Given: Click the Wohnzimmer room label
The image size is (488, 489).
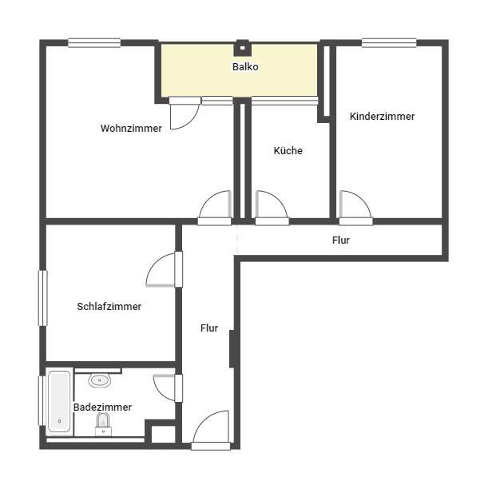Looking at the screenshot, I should [x=131, y=128].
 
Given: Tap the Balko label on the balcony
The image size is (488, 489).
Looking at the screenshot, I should [x=245, y=67].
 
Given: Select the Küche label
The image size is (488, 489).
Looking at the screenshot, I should [x=288, y=150].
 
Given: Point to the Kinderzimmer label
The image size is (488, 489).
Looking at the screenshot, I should [x=382, y=116].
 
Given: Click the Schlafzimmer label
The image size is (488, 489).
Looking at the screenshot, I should [x=109, y=306].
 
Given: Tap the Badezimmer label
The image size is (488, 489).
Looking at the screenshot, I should [x=102, y=407].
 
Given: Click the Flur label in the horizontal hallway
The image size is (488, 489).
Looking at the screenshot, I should [x=340, y=240].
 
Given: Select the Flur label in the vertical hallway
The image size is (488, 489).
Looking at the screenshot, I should [x=209, y=328].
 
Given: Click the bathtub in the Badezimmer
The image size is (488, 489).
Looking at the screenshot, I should [x=59, y=400].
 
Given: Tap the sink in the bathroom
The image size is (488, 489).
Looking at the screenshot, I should [x=100, y=380].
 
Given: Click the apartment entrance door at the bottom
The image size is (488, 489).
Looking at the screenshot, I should [x=212, y=431].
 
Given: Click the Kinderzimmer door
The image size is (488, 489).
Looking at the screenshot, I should [x=355, y=206].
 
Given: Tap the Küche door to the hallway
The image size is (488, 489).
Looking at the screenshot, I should [x=271, y=206].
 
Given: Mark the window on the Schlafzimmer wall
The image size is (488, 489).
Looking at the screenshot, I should [x=43, y=298].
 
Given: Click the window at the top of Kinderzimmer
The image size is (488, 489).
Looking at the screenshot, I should [x=389, y=43].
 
